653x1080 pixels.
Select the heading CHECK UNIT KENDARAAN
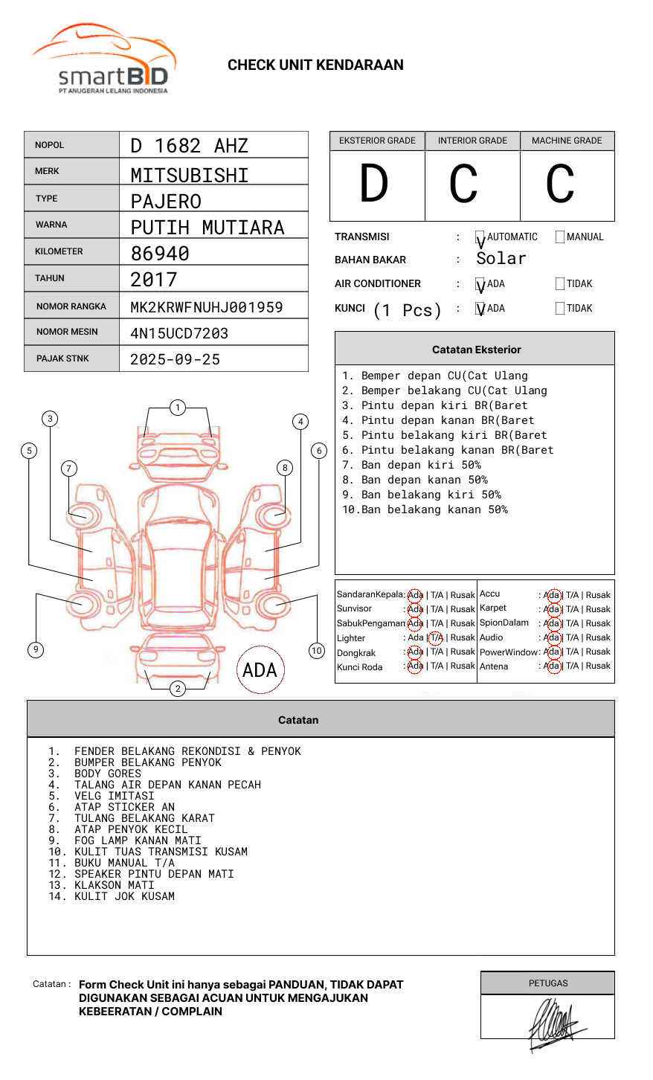[315, 65]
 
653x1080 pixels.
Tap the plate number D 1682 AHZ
[189, 146]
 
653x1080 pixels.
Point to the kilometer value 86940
[160, 254]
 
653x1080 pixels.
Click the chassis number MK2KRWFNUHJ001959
[206, 307]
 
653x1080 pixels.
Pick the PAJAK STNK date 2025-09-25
[175, 359]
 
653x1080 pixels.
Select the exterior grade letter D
[374, 184]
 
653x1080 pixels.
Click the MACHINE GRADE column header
[567, 141]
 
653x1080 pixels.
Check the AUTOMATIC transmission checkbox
[480, 237]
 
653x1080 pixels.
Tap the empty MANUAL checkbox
[560, 237]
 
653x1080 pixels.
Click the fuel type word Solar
[501, 259]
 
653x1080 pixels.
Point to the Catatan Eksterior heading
[476, 350]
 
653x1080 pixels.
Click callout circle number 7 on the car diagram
[69, 468]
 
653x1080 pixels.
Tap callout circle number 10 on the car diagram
[317, 651]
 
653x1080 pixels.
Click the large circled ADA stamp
[260, 670]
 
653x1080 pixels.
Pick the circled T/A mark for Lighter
[436, 637]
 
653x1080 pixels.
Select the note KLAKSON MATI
[114, 885]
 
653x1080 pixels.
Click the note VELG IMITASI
[114, 796]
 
